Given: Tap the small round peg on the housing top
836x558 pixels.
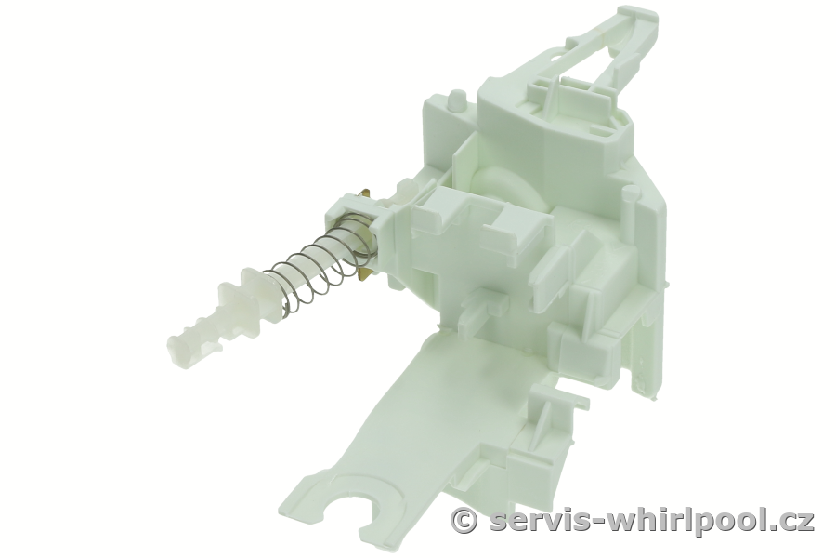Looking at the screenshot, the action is (455, 100).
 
